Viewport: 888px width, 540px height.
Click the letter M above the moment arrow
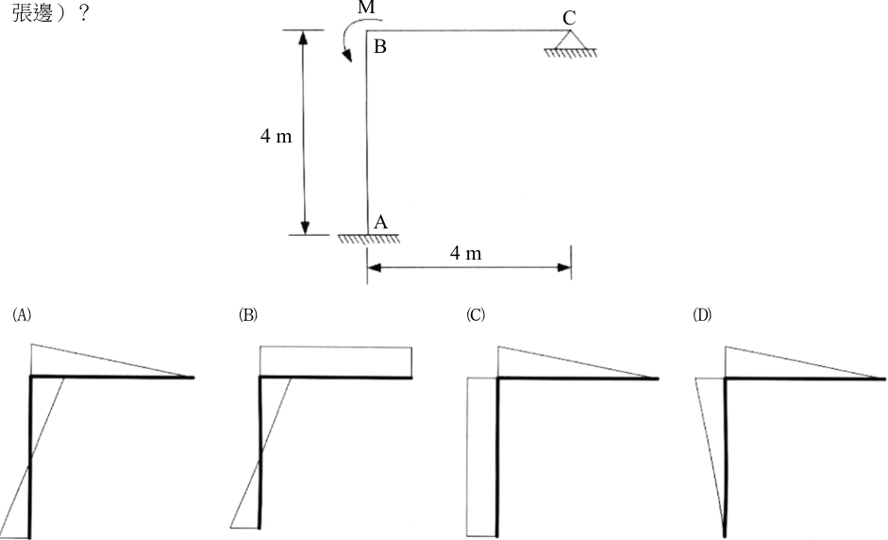pyautogui.click(x=366, y=8)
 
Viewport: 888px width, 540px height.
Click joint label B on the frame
pyautogui.click(x=380, y=46)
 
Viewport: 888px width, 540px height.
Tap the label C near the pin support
pyautogui.click(x=569, y=18)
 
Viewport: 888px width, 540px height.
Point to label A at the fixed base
pyautogui.click(x=380, y=222)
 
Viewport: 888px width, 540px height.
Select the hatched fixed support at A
pyautogui.click(x=369, y=239)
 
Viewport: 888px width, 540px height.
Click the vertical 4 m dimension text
pyautogui.click(x=276, y=136)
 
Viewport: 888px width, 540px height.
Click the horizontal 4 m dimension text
pyautogui.click(x=465, y=253)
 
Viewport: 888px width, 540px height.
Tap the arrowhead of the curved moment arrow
pyautogui.click(x=346, y=55)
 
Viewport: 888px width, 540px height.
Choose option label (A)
pyautogui.click(x=22, y=315)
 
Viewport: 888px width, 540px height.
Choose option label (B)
pyautogui.click(x=248, y=315)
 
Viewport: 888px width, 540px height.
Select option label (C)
pyautogui.click(x=476, y=315)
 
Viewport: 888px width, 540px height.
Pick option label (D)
pyautogui.click(x=702, y=315)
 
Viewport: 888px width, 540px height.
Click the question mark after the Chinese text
pyautogui.click(x=83, y=13)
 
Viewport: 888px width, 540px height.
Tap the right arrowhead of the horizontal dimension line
pyautogui.click(x=564, y=267)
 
